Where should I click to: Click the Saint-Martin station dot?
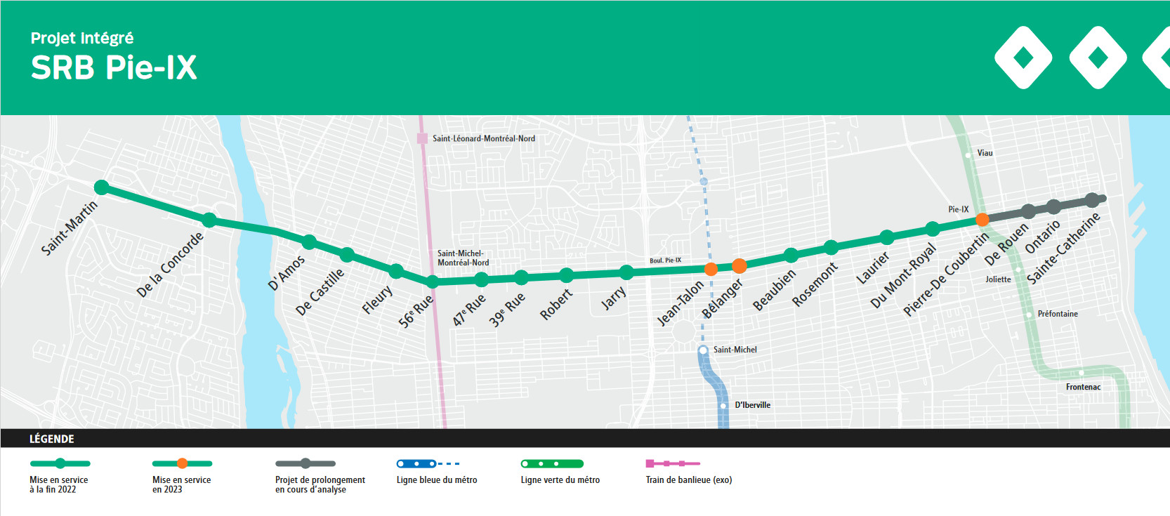[102, 187]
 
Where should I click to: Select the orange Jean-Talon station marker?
[711, 269]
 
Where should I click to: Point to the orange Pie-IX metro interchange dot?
[982, 220]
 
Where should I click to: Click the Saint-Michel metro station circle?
[703, 350]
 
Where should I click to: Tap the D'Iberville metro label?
[752, 405]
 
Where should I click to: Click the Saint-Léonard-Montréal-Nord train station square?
[422, 138]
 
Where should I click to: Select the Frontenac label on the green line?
[1083, 387]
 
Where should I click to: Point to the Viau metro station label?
[985, 153]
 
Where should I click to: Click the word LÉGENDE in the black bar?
[52, 439]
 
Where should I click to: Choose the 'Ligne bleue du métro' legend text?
[436, 480]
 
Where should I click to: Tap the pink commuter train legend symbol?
[672, 463]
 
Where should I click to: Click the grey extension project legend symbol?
[305, 463]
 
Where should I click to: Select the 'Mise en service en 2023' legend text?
[181, 484]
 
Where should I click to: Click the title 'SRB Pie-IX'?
[114, 68]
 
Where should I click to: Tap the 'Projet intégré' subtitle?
[81, 38]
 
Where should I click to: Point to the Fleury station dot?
[396, 271]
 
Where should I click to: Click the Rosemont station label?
[815, 284]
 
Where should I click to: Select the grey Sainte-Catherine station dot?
[1091, 200]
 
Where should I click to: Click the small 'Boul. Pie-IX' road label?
[665, 260]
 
